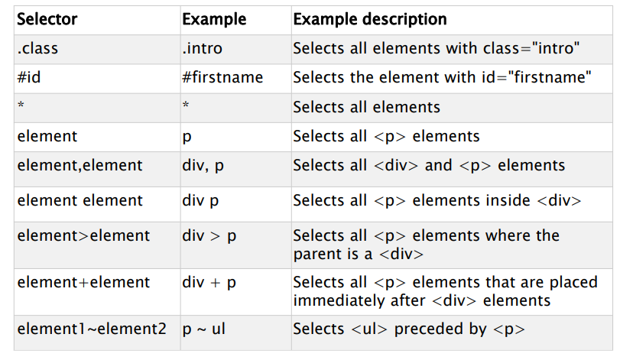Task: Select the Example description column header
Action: pos(370,19)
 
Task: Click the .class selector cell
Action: pos(37,48)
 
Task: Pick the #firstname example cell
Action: pos(222,77)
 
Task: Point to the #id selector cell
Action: pos(29,77)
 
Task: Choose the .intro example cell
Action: pos(202,48)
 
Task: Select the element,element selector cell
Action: pos(80,165)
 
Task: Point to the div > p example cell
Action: pos(209,235)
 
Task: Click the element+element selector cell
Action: pos(83,282)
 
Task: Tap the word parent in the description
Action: pos(317,254)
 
